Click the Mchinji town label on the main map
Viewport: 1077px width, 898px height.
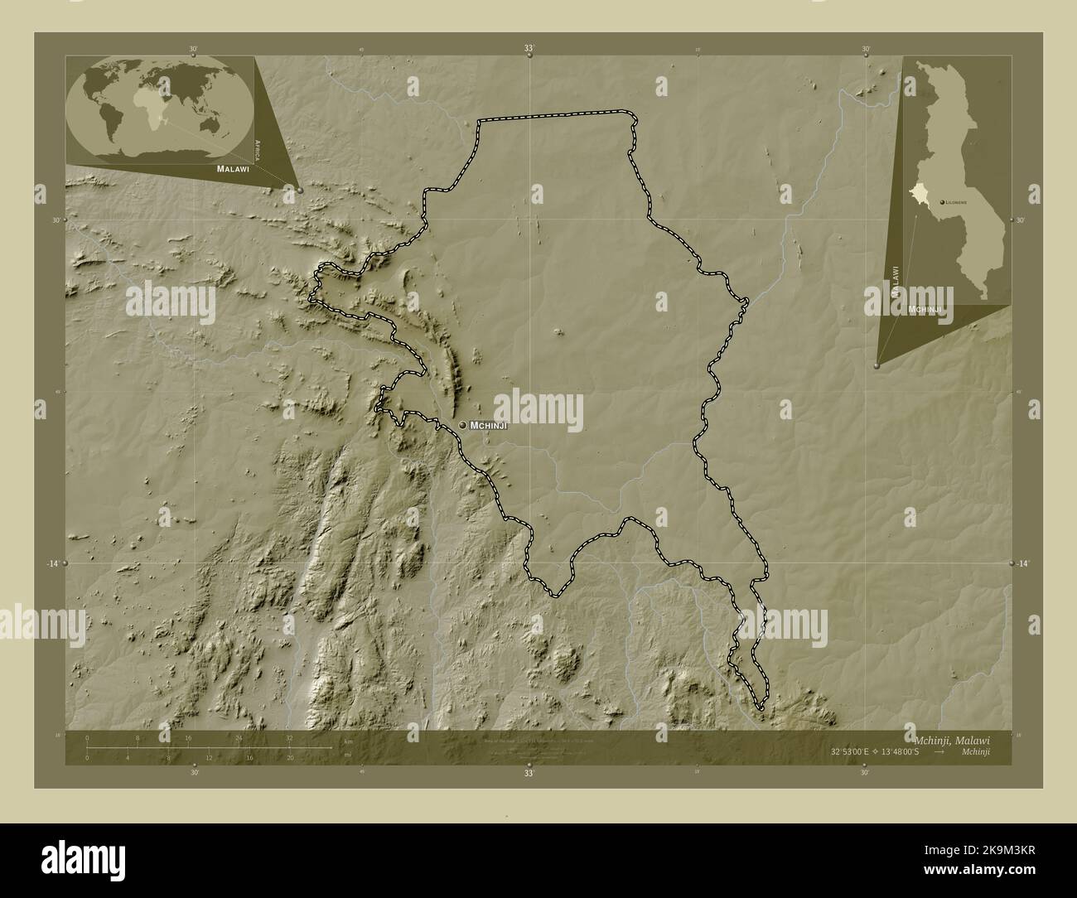coord(488,425)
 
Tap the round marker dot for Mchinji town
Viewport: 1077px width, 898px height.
coord(462,425)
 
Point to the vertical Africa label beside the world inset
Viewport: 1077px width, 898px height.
coord(258,148)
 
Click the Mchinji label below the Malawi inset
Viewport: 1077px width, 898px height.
coord(925,309)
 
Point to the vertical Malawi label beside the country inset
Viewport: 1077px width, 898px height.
coord(895,282)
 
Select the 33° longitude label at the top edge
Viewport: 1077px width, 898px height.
coord(529,49)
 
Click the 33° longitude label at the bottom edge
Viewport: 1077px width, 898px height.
coord(529,773)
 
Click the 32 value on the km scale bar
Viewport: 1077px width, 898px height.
coord(289,737)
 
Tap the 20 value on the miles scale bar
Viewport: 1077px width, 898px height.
coord(289,758)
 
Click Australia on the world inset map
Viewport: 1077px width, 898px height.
coord(224,124)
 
